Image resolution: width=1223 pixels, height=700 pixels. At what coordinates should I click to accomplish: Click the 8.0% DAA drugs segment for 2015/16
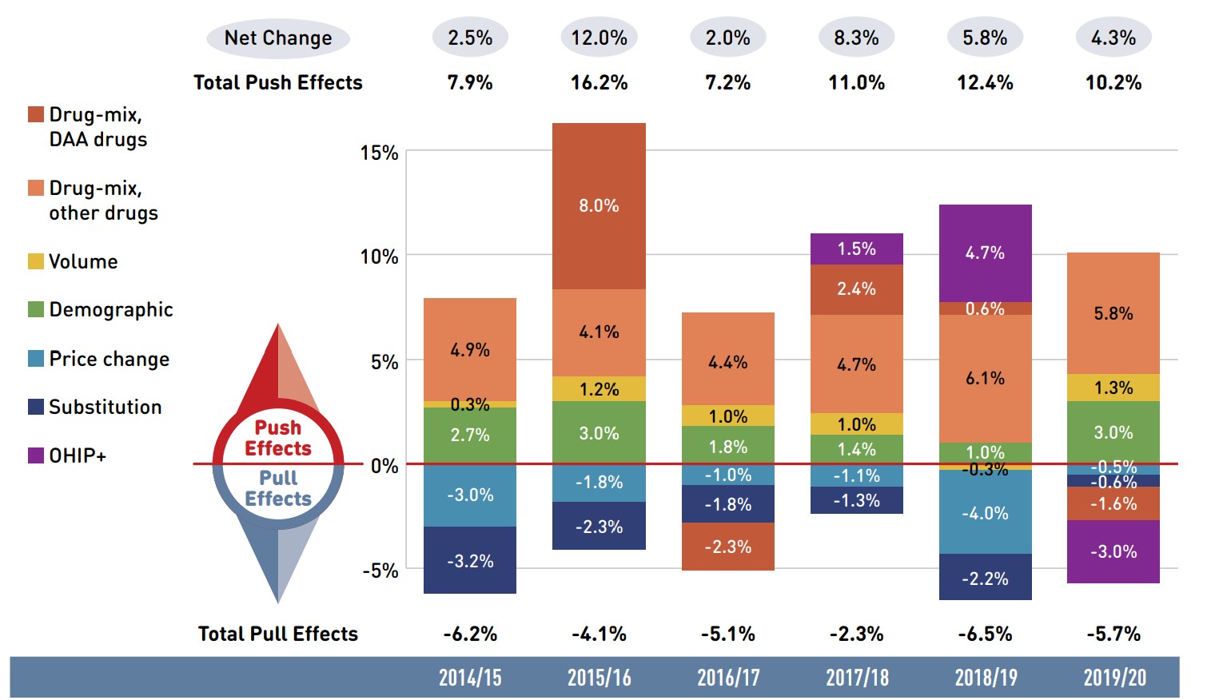coord(599,206)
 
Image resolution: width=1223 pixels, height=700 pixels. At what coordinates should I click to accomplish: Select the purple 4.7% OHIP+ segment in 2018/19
coord(985,253)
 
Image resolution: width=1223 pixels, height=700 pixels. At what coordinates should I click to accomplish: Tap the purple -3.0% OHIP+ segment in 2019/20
coord(1113,551)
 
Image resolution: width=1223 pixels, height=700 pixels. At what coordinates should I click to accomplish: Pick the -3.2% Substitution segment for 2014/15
coord(470,560)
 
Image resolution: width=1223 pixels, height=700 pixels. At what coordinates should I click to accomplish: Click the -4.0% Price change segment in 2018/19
coord(985,512)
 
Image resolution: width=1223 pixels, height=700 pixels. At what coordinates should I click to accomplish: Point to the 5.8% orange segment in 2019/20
coord(1113,313)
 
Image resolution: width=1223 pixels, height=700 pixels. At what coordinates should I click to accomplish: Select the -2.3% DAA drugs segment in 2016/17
coord(727,547)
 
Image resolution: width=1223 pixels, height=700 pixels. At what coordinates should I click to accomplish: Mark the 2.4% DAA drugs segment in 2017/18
coord(856,288)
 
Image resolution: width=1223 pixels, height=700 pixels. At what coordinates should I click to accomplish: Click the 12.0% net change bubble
coord(599,38)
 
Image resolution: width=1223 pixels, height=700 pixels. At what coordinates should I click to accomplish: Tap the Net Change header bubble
coord(277,38)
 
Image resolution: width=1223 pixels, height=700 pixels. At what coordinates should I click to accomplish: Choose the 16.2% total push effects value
coord(599,82)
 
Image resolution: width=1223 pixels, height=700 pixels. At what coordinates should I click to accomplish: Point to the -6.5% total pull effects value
coord(985,634)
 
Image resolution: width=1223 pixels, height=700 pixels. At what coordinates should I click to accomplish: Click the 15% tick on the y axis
coord(379,153)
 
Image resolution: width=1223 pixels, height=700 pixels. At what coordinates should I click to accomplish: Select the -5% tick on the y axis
coord(380,571)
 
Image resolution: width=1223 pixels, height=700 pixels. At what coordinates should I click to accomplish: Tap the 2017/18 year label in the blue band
coord(857,678)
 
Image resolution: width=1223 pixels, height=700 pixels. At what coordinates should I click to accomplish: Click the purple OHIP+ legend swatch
coord(36,455)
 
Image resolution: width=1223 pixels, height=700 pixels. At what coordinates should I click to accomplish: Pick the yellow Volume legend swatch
coord(36,261)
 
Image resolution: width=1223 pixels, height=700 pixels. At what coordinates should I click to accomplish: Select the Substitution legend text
coord(105,407)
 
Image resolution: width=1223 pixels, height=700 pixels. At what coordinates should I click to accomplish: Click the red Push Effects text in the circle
coord(277,438)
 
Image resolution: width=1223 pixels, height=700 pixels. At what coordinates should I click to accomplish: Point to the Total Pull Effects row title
coord(277,634)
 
